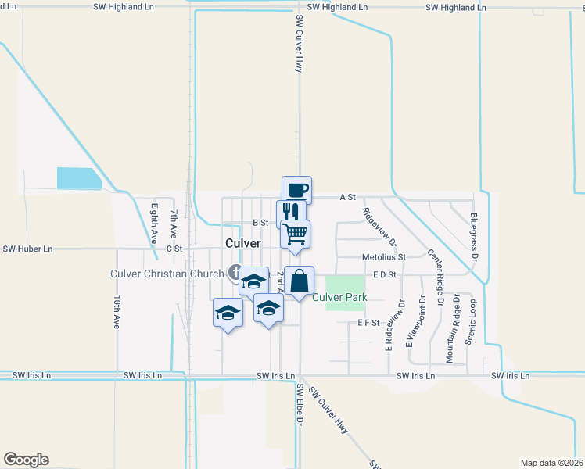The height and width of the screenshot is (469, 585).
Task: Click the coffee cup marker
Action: pos(296,190)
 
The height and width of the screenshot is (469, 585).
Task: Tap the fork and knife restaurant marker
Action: pos(291,212)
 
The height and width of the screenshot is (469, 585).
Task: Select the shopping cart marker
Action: pos(295,234)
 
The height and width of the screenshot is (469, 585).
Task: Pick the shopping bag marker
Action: pos(300,281)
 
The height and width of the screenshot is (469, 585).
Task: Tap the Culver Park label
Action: pos(339,297)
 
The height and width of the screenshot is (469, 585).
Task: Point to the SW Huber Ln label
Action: pos(27,249)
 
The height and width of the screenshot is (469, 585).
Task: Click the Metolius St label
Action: pos(384,256)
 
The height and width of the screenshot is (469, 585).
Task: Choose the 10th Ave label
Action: pos(116,311)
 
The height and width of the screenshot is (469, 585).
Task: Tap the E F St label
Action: pos(368,322)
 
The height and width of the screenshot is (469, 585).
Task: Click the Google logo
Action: pos(26,460)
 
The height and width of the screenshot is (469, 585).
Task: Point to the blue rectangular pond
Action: pos(79,179)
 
